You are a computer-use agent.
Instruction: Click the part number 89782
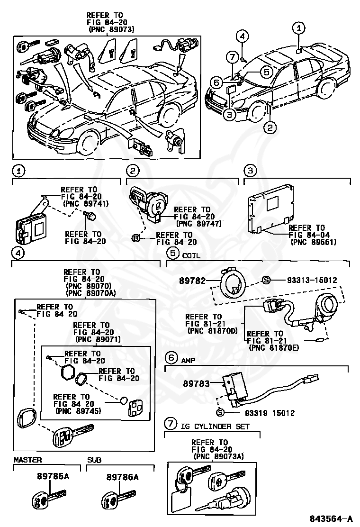coord(192,281)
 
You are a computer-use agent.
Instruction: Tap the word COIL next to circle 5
coord(191,254)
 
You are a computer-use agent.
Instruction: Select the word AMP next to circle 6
coord(188,360)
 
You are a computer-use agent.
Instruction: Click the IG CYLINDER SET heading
coord(215,426)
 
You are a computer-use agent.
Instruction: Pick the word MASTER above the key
coord(27,460)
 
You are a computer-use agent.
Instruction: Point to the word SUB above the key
coord(94,460)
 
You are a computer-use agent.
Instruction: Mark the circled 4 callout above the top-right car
coord(242,36)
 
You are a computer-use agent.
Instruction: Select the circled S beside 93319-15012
coord(219,412)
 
